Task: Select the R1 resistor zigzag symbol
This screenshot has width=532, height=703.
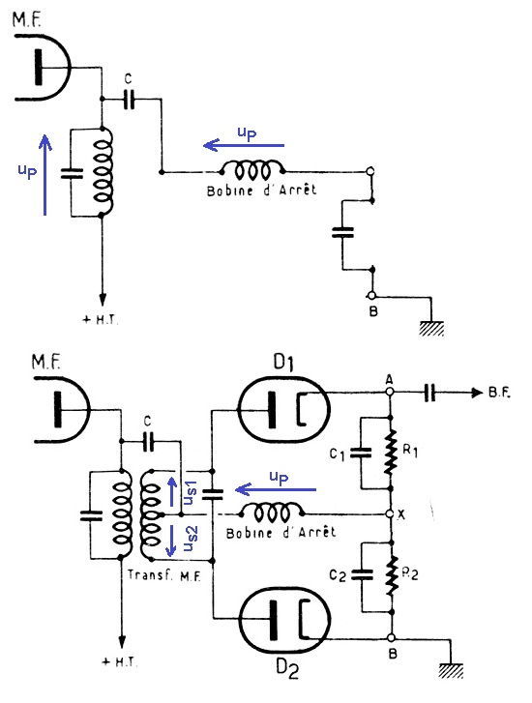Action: (391, 452)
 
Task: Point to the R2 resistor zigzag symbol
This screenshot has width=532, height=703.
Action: (393, 575)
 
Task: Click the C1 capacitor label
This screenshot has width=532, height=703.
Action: (337, 454)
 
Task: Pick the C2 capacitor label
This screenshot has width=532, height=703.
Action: (338, 575)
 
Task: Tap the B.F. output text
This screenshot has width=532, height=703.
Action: (499, 393)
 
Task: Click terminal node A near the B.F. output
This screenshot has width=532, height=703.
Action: (390, 392)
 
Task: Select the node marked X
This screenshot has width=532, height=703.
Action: (391, 513)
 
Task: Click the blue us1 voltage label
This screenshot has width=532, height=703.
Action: (191, 492)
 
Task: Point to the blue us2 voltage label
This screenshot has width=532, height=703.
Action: (191, 538)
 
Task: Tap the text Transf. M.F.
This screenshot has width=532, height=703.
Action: (163, 575)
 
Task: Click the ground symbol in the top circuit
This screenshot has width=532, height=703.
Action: (431, 328)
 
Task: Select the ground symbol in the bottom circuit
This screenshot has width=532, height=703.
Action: (451, 671)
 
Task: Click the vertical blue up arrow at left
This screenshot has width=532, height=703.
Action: (44, 175)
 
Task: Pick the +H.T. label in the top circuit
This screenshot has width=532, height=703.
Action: (101, 320)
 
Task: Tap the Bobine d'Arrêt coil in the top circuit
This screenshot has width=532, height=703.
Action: (252, 170)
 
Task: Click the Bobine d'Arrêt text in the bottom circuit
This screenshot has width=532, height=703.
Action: (281, 532)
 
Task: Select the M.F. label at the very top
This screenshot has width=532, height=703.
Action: (27, 19)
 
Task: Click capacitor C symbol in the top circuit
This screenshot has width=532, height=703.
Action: (129, 100)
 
